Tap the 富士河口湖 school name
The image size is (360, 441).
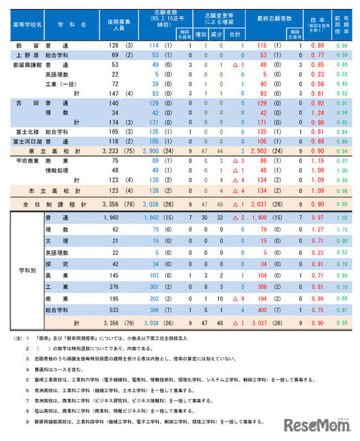pyautogui.click(x=26, y=140)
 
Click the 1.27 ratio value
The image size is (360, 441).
pyautogui.click(x=317, y=228)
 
